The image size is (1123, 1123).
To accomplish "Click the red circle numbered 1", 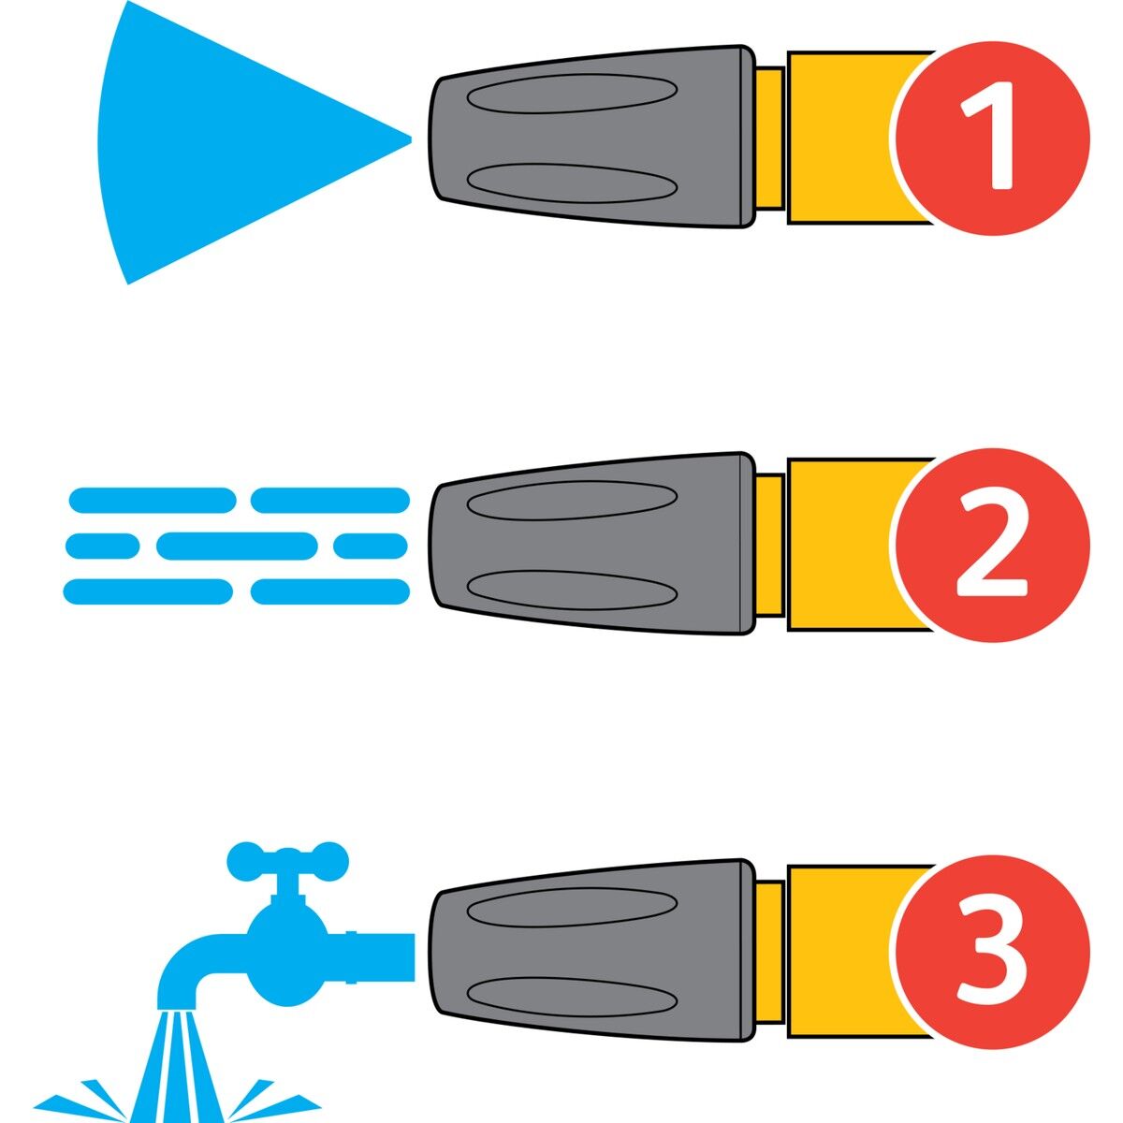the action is pyautogui.click(x=992, y=138).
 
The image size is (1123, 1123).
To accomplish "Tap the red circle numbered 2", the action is pyautogui.click(x=992, y=545).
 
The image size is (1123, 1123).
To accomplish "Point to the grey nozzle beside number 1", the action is pyautogui.click(x=591, y=137).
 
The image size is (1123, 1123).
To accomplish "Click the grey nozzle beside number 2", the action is pyautogui.click(x=591, y=544).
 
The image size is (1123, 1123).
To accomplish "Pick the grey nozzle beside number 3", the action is pyautogui.click(x=591, y=951).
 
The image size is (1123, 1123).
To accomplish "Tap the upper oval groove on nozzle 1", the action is pyautogui.click(x=572, y=93).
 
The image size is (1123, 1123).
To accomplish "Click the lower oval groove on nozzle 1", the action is pyautogui.click(x=572, y=183).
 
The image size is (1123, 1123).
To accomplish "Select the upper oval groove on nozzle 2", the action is pyautogui.click(x=572, y=500).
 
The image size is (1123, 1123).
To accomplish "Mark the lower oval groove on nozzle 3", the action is pyautogui.click(x=572, y=998).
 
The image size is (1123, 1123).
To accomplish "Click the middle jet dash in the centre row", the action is pyautogui.click(x=237, y=546).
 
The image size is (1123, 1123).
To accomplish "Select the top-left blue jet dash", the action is pyautogui.click(x=153, y=500).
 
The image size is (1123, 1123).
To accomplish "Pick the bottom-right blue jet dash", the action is pyautogui.click(x=329, y=591).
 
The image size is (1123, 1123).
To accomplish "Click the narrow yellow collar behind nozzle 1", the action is pyautogui.click(x=769, y=138).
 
